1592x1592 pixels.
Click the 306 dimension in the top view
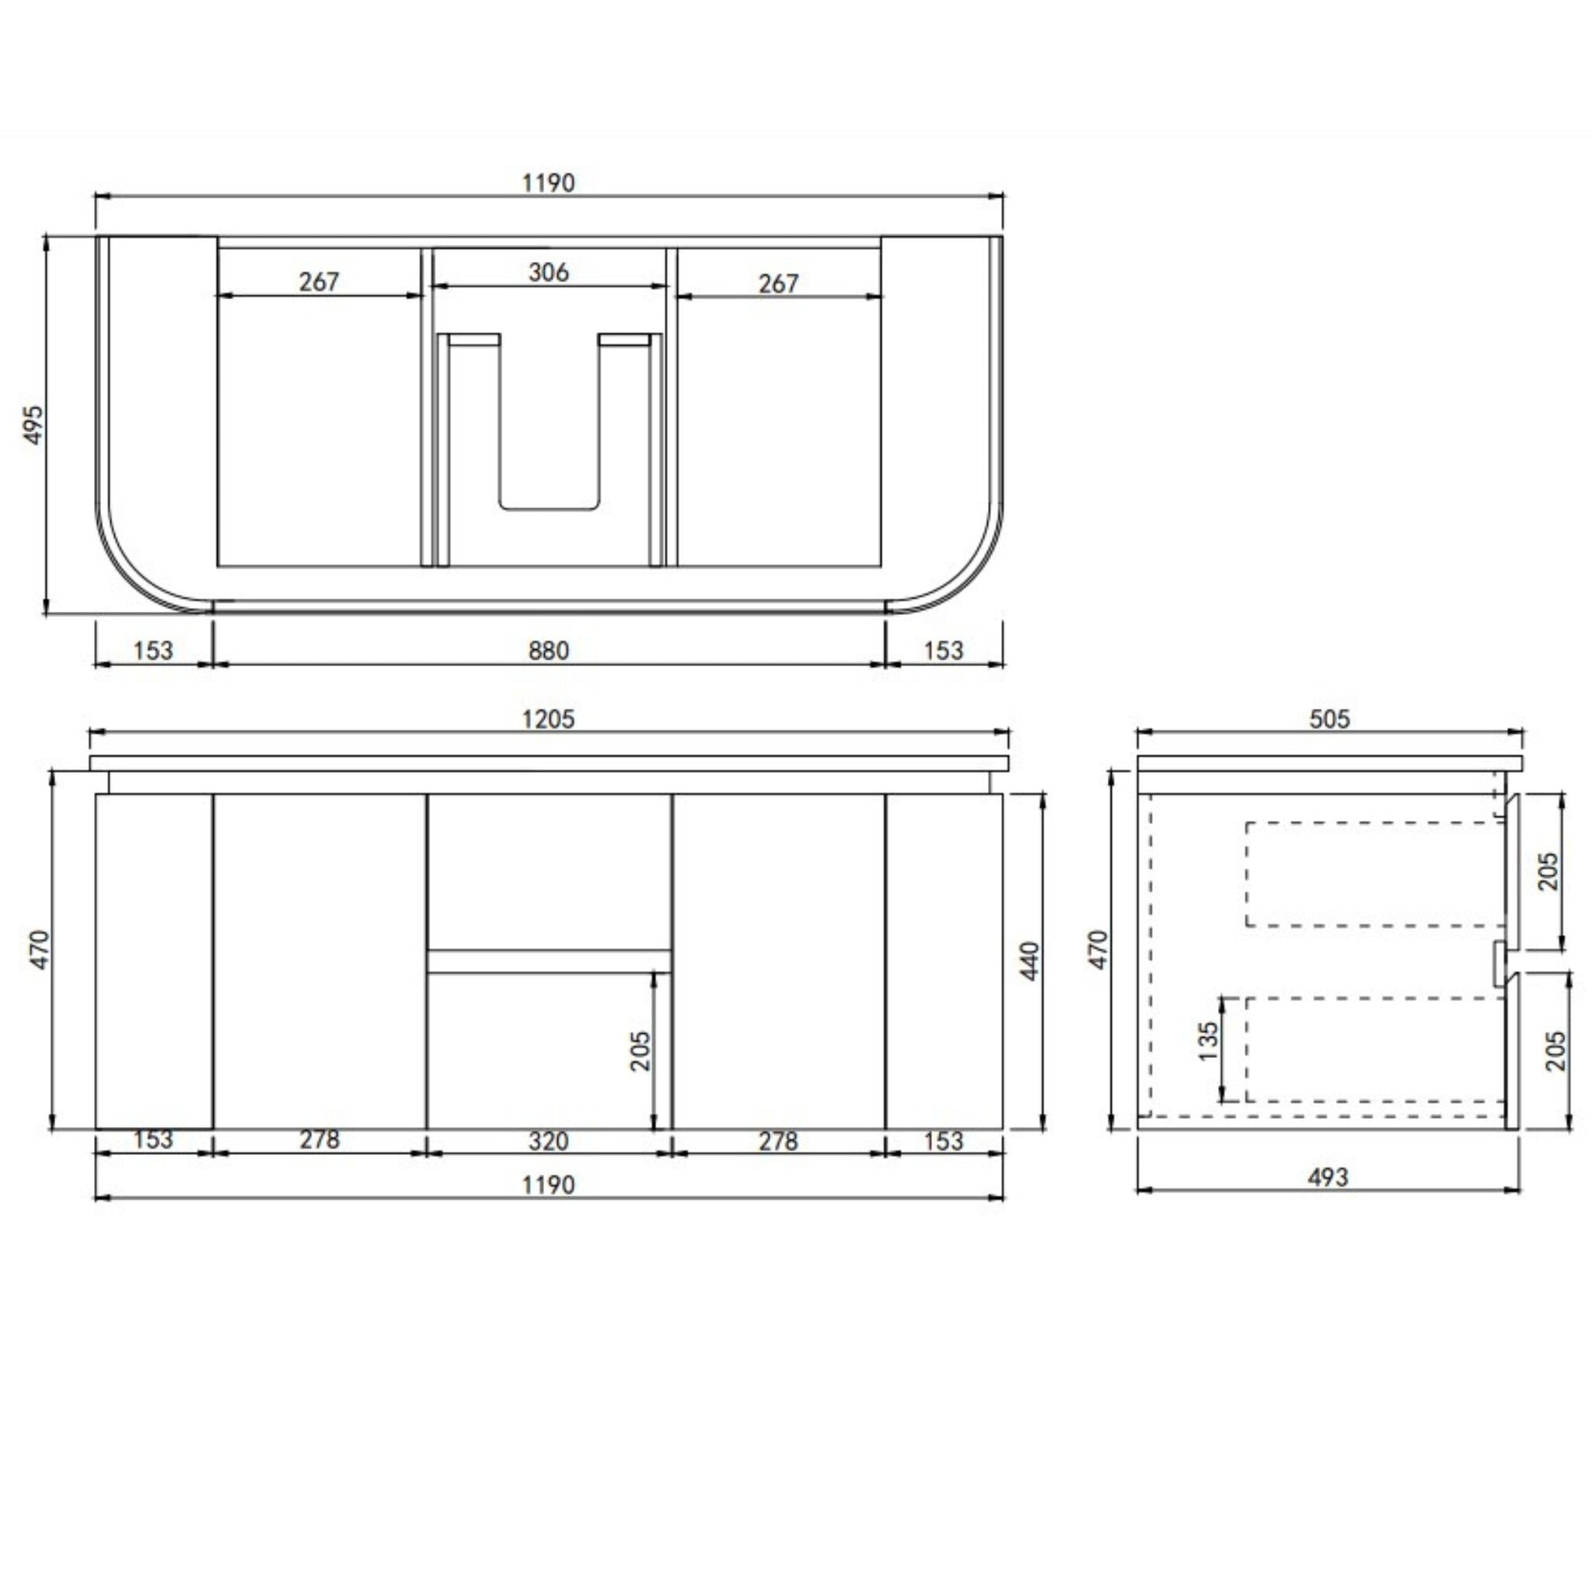tap(549, 272)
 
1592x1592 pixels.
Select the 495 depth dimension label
tap(33, 425)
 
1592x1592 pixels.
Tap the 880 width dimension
tap(549, 651)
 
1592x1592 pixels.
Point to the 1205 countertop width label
tap(549, 719)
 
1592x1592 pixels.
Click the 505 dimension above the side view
tap(1330, 719)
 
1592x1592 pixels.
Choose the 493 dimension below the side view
tap(1328, 1178)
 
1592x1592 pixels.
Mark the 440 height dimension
tap(1030, 961)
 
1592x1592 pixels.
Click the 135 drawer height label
tap(1208, 1042)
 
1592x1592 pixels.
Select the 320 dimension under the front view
tap(549, 1141)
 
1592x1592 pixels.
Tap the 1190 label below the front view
tap(549, 1185)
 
